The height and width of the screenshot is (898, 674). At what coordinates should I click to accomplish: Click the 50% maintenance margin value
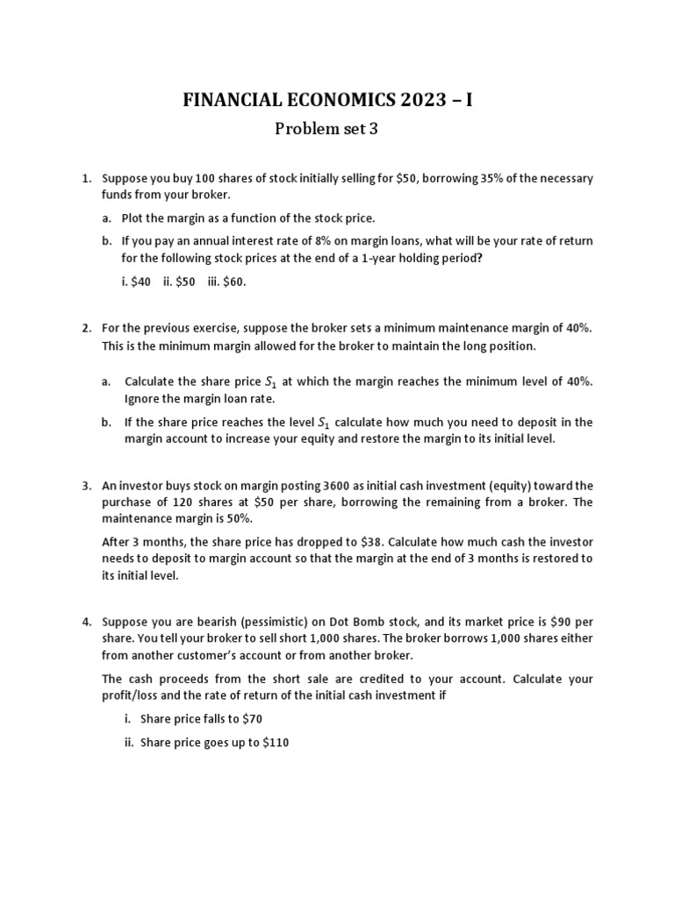click(x=218, y=517)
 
